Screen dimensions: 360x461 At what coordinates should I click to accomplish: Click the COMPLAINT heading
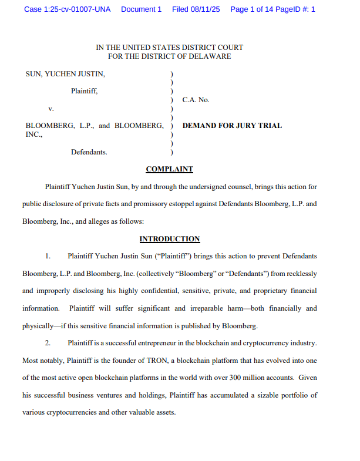click(x=169, y=169)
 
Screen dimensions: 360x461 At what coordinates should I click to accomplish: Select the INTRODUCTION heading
click(x=169, y=239)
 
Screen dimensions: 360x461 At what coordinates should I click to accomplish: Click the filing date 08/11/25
click(x=204, y=9)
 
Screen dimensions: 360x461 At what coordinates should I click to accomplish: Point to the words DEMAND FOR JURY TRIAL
click(x=232, y=126)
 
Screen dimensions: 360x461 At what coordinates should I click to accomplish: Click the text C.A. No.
click(x=196, y=100)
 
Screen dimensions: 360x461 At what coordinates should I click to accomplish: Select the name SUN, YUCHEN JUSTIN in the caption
click(x=66, y=74)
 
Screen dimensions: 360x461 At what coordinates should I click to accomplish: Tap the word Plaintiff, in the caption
click(x=85, y=91)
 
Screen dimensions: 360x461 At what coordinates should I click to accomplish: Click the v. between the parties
click(x=51, y=109)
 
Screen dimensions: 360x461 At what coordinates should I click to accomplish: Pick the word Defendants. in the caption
click(x=89, y=152)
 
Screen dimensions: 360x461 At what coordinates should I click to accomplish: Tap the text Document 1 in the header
click(x=141, y=9)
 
